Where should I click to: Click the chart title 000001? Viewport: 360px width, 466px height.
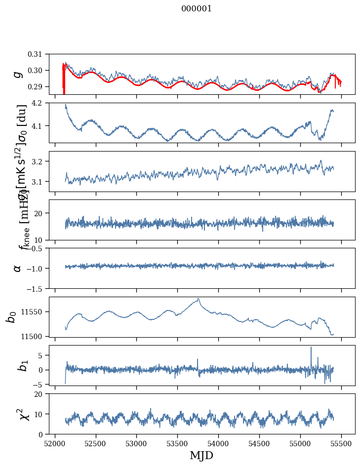coord(197,9)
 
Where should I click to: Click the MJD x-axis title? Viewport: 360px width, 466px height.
coord(201,455)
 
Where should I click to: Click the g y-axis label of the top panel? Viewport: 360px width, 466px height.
coord(18,74)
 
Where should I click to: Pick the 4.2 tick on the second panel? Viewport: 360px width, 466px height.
coord(40,103)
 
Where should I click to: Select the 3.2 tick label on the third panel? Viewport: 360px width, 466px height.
coord(40,161)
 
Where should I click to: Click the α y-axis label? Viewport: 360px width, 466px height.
coord(18,268)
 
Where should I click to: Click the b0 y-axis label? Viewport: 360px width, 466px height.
coord(11,317)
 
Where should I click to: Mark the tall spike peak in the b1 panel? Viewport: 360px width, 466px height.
coord(311,348)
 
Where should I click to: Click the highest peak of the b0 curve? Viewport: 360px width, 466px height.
coord(198,299)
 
